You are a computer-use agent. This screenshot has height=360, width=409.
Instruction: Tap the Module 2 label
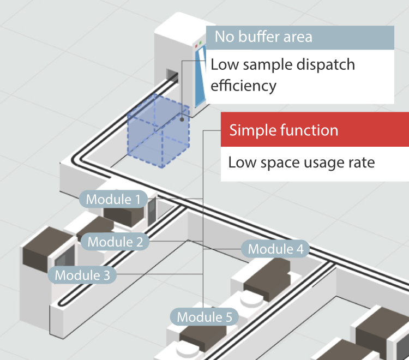pos(115,241)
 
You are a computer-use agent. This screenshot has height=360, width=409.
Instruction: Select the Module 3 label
pos(82,275)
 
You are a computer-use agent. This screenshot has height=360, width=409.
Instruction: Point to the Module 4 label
pos(275,249)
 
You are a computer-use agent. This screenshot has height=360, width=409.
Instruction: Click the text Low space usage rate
pos(301,163)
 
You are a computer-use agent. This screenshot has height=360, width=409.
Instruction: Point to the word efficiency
pos(244,86)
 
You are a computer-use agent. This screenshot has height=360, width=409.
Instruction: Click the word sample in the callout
pos(260,65)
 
